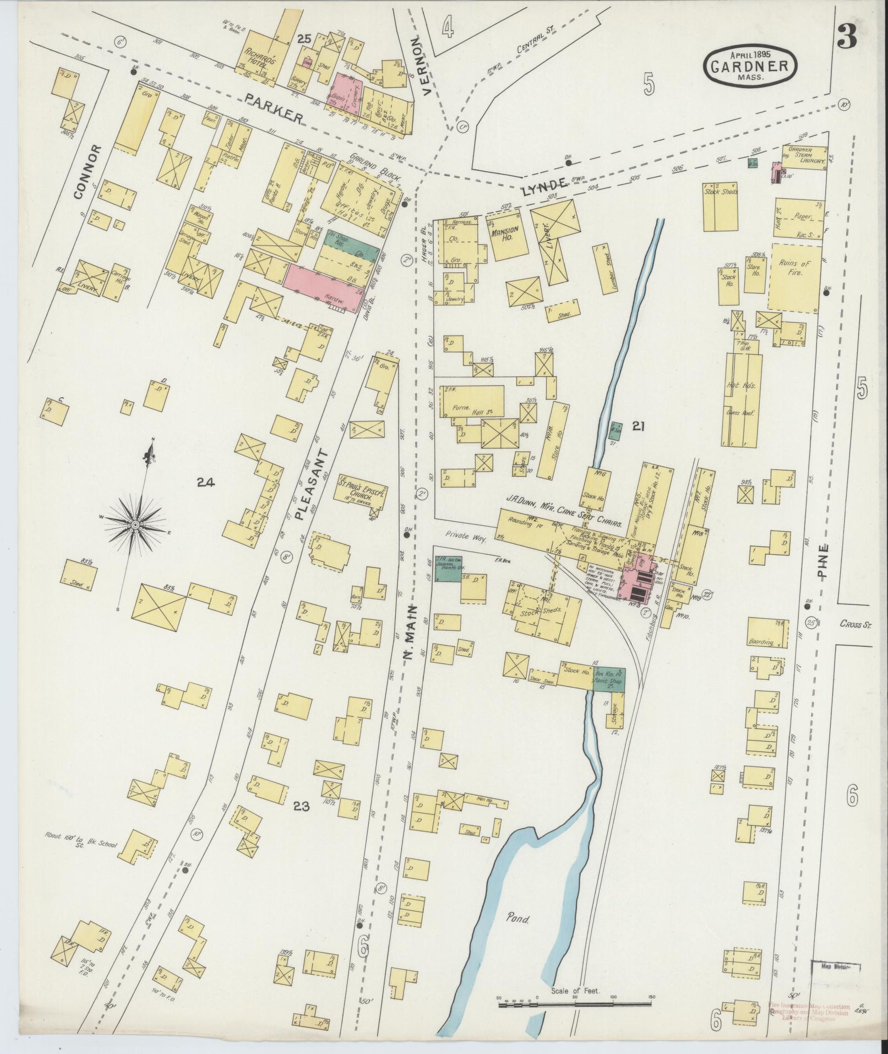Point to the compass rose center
(x=134, y=525)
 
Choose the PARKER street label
(x=275, y=108)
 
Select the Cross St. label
(x=855, y=624)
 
